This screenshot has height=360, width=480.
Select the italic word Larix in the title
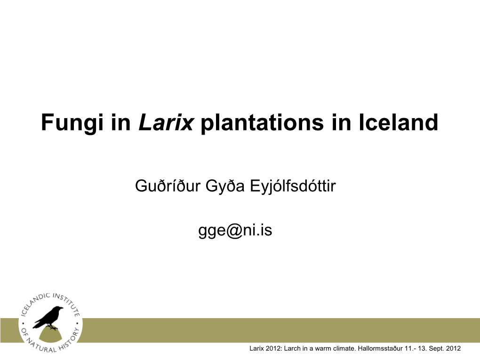click(x=166, y=122)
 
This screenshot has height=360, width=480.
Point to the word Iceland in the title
click(x=398, y=122)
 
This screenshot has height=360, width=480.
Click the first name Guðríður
click(x=168, y=186)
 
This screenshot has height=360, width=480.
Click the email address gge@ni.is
click(x=235, y=230)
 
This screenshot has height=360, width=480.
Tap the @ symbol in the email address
click(x=234, y=231)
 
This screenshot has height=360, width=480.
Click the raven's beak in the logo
click(x=61, y=309)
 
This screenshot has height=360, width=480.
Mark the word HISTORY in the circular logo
click(x=70, y=339)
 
